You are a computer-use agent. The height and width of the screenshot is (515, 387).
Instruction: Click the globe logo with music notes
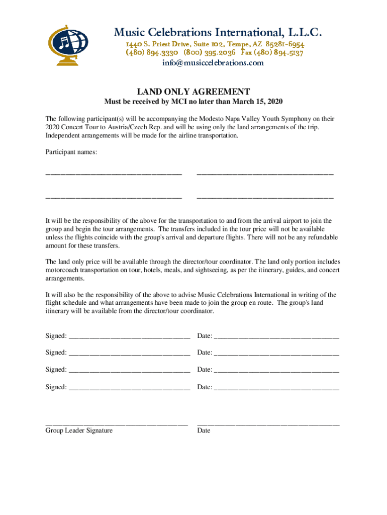[x=68, y=44]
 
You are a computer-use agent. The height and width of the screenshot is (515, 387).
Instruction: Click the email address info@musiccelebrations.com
[x=213, y=63]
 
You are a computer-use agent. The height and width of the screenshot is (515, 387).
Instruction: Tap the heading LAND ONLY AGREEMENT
[x=193, y=92]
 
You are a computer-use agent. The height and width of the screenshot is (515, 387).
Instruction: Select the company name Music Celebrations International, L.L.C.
[x=217, y=33]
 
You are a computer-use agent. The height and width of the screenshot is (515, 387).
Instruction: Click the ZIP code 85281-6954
[x=285, y=44]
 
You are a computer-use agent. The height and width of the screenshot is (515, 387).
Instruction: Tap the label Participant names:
[x=71, y=152]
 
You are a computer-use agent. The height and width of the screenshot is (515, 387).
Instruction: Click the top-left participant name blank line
[x=114, y=174]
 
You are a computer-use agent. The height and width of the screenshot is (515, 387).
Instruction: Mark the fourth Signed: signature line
[x=129, y=389]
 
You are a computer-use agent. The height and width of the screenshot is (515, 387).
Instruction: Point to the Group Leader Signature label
[x=79, y=431]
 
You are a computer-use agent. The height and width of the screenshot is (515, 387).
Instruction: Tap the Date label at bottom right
[x=204, y=431]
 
